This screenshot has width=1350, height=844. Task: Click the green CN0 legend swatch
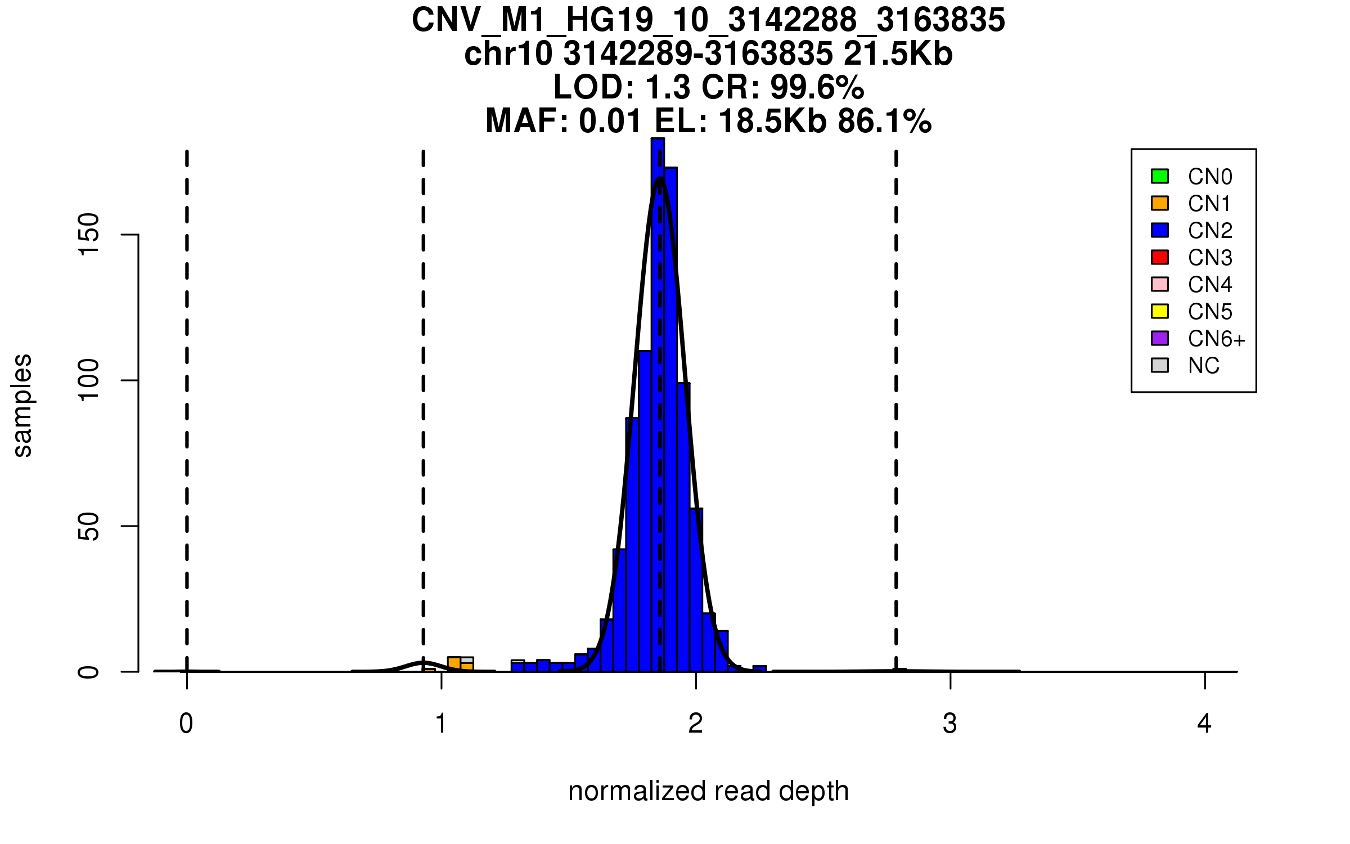1160,176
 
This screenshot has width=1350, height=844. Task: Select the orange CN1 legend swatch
1160,203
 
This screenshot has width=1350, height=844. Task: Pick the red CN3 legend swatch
1160,257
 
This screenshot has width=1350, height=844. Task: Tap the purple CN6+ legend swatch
1160,338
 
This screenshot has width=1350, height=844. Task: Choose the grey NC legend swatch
1160,365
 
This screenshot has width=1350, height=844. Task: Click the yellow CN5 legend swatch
1160,311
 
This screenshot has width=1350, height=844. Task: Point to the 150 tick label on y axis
88,234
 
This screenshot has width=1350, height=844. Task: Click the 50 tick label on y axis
88,526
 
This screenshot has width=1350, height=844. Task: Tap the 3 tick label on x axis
950,724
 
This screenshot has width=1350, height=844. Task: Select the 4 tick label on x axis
1204,724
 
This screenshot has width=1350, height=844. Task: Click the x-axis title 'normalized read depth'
708,791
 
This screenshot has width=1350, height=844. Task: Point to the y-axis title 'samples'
22,405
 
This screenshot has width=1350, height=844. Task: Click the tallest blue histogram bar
658,394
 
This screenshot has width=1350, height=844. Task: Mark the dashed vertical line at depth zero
187,394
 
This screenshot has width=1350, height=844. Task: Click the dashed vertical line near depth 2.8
896,394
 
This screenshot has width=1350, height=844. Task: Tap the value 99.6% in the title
817,87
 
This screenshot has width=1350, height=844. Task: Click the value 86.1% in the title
884,121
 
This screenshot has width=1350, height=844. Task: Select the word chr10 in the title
508,54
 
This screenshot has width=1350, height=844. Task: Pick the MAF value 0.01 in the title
610,121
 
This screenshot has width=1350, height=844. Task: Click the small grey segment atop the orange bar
467,660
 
